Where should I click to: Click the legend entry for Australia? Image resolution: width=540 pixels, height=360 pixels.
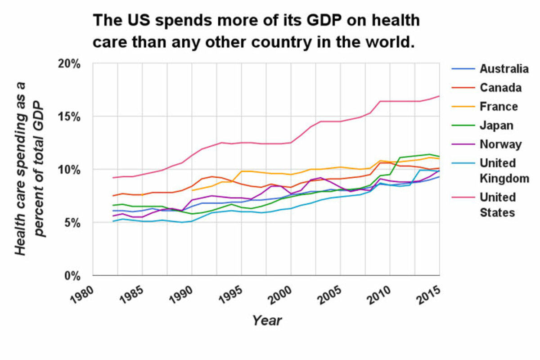click(504, 69)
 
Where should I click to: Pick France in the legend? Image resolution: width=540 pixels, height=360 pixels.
click(499, 107)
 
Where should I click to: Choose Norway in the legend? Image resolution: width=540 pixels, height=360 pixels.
click(500, 144)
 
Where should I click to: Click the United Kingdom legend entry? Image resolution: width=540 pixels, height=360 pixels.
click(504, 171)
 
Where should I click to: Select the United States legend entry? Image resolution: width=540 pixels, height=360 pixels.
click(498, 205)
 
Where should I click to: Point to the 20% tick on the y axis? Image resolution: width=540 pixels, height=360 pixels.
click(71, 63)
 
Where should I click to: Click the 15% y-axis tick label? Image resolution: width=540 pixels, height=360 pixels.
click(71, 117)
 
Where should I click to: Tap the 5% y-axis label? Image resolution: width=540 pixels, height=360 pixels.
click(73, 223)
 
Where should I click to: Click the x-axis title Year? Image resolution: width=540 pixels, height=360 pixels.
click(267, 320)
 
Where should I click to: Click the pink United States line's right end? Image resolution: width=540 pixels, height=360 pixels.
click(439, 96)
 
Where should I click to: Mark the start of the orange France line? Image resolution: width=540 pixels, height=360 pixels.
click(192, 190)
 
